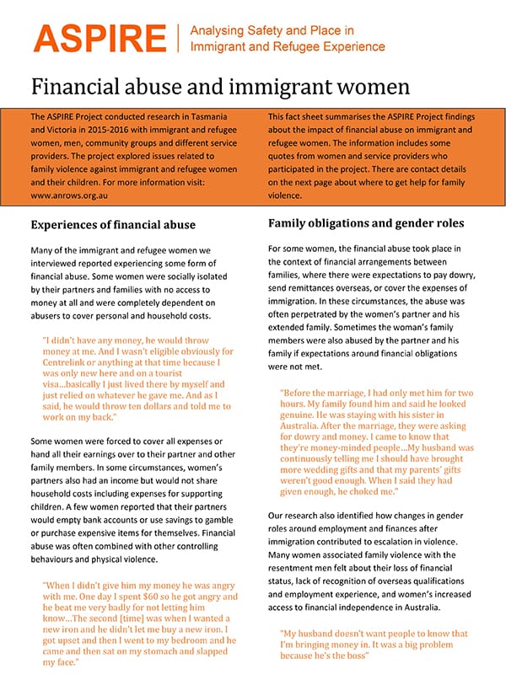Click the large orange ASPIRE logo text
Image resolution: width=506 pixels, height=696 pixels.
point(99,38)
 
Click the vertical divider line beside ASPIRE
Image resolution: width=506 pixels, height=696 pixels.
point(178,38)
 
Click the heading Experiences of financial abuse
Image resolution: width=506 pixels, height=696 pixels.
point(113,225)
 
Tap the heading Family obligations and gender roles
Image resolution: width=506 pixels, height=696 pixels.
point(367,224)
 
